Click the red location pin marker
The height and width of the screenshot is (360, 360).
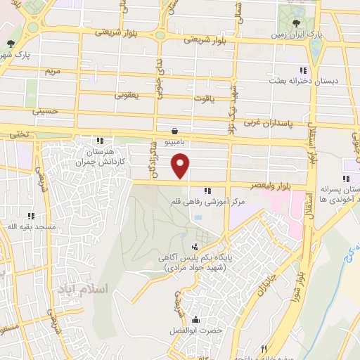pyautogui.click(x=181, y=167)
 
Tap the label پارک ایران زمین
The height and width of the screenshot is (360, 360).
pyautogui.click(x=303, y=33)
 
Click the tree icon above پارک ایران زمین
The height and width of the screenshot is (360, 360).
pyautogui.click(x=304, y=20)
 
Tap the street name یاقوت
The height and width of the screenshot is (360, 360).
pyautogui.click(x=202, y=98)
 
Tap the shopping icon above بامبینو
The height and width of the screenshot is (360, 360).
pyautogui.click(x=174, y=130)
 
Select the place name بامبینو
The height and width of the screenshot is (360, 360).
pyautogui.click(x=174, y=142)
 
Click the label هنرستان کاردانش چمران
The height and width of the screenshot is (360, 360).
pyautogui.click(x=100, y=157)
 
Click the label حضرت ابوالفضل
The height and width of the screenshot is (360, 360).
pyautogui.click(x=193, y=330)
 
